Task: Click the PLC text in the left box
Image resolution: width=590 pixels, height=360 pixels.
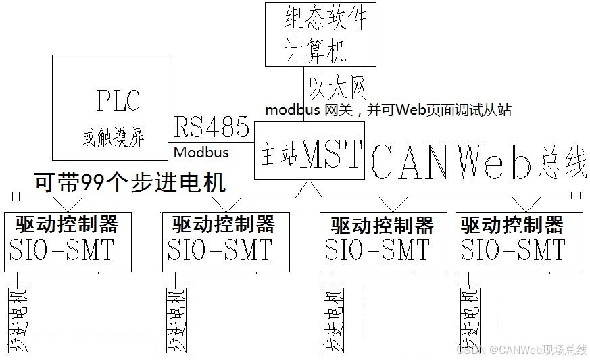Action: click(118, 101)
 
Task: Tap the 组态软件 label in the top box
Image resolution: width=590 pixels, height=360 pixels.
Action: click(326, 19)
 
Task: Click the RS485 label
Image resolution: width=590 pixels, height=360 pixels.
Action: click(211, 127)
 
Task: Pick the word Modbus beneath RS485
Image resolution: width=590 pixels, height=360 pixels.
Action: click(201, 152)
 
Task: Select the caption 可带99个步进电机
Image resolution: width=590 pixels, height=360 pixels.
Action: click(128, 182)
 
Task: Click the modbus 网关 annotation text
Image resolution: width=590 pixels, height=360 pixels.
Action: click(387, 109)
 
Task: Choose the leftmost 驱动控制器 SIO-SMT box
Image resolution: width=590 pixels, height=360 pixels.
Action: click(68, 241)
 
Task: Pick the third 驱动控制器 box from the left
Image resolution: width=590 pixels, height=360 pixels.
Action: click(383, 241)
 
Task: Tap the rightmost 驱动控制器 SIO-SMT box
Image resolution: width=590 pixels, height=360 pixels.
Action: click(518, 241)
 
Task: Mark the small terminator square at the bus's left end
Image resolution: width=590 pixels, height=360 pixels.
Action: click(16, 196)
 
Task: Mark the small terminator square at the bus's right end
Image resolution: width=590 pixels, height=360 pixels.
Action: click(575, 196)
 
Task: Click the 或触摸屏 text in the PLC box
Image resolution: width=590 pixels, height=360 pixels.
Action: click(112, 138)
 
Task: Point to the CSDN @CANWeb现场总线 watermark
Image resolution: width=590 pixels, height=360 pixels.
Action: click(520, 349)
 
